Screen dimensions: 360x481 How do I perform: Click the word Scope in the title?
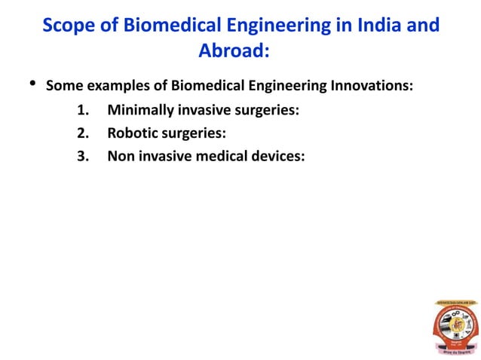69,26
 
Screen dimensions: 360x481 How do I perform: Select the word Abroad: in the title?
234,51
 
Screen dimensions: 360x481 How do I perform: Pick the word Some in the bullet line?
63,85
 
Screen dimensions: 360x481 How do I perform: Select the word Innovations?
370,85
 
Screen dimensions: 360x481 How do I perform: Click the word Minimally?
140,111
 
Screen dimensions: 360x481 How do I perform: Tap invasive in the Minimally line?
204,111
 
